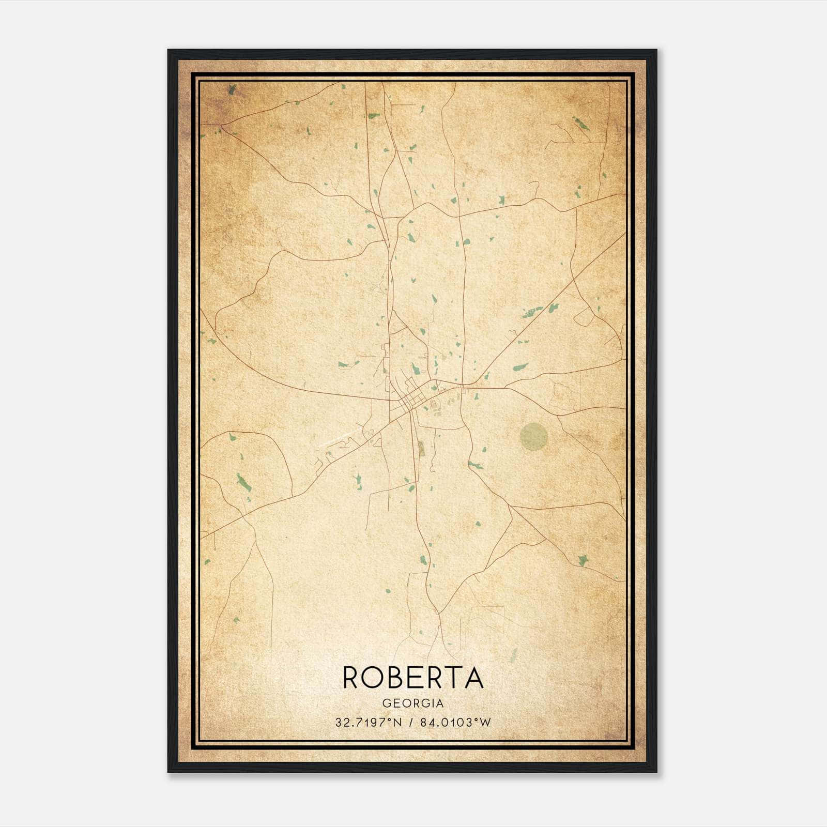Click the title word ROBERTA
coord(413,678)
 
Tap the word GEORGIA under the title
coord(413,703)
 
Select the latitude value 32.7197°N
coord(369,723)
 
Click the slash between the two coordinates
coord(411,723)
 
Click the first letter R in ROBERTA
coord(352,678)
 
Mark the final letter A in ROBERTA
coord(473,678)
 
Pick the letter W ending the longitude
coord(485,723)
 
